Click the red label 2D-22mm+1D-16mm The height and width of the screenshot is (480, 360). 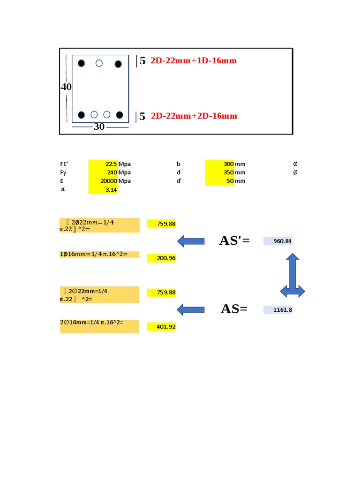194,61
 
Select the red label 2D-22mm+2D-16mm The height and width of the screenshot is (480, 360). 194,116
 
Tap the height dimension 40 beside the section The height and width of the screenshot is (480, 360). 66,87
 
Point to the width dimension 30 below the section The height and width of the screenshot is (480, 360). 99,127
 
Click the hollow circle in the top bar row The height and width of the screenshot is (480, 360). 99,63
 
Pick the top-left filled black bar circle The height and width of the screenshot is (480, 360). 81,63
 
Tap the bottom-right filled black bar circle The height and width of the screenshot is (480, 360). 120,115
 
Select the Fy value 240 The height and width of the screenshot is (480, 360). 112,172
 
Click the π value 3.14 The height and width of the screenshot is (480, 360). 111,190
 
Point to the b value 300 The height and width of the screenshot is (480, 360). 228,164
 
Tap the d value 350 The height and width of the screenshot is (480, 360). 228,172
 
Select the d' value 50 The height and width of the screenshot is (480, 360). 230,181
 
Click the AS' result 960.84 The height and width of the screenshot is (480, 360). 282,241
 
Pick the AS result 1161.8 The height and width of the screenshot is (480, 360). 283,310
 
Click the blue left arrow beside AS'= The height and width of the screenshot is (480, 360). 191,241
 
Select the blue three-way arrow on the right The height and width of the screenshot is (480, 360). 292,279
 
